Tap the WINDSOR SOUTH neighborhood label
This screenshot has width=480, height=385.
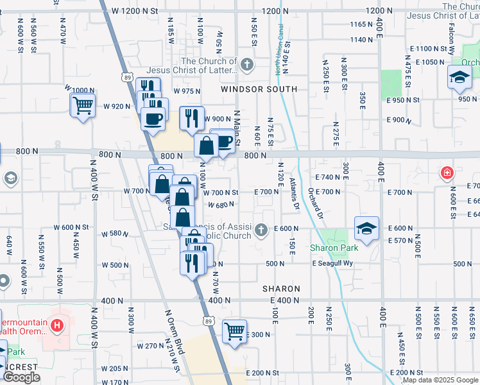[259, 89]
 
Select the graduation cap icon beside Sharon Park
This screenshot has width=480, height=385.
[366, 229]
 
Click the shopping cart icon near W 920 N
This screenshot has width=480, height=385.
[83, 105]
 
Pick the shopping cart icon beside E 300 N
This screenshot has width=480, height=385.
[235, 332]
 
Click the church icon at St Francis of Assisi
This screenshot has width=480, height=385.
[261, 229]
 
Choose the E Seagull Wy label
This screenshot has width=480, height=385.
[333, 264]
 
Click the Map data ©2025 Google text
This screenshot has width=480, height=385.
[440, 381]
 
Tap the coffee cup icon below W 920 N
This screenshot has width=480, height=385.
[153, 119]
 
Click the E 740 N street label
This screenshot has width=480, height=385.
[327, 176]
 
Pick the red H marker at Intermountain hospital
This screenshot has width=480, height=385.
[58, 326]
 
